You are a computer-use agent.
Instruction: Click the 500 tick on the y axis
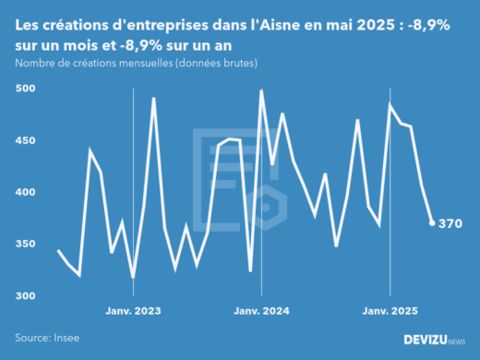point(27,89)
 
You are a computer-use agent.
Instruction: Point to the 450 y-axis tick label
point(27,140)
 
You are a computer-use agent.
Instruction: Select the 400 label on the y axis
point(27,192)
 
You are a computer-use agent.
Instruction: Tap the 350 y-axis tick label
point(27,244)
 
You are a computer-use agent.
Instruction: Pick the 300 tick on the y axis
point(27,295)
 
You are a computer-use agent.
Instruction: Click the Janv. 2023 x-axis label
point(133,311)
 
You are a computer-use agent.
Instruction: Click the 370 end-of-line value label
point(450,223)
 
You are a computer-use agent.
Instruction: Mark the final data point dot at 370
point(432,222)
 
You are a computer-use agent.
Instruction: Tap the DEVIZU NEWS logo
point(434,340)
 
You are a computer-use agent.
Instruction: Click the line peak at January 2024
point(261,90)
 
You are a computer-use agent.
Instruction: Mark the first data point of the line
point(58,250)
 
